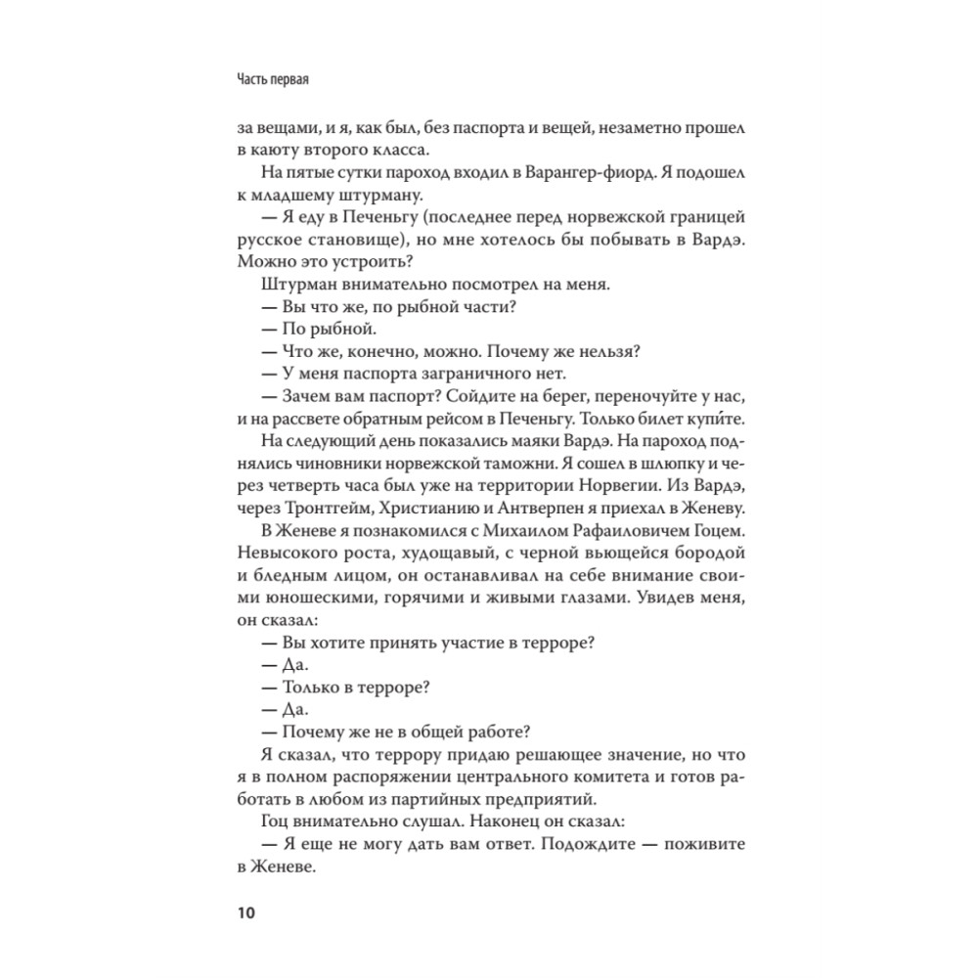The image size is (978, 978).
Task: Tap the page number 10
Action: pyautogui.click(x=244, y=913)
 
